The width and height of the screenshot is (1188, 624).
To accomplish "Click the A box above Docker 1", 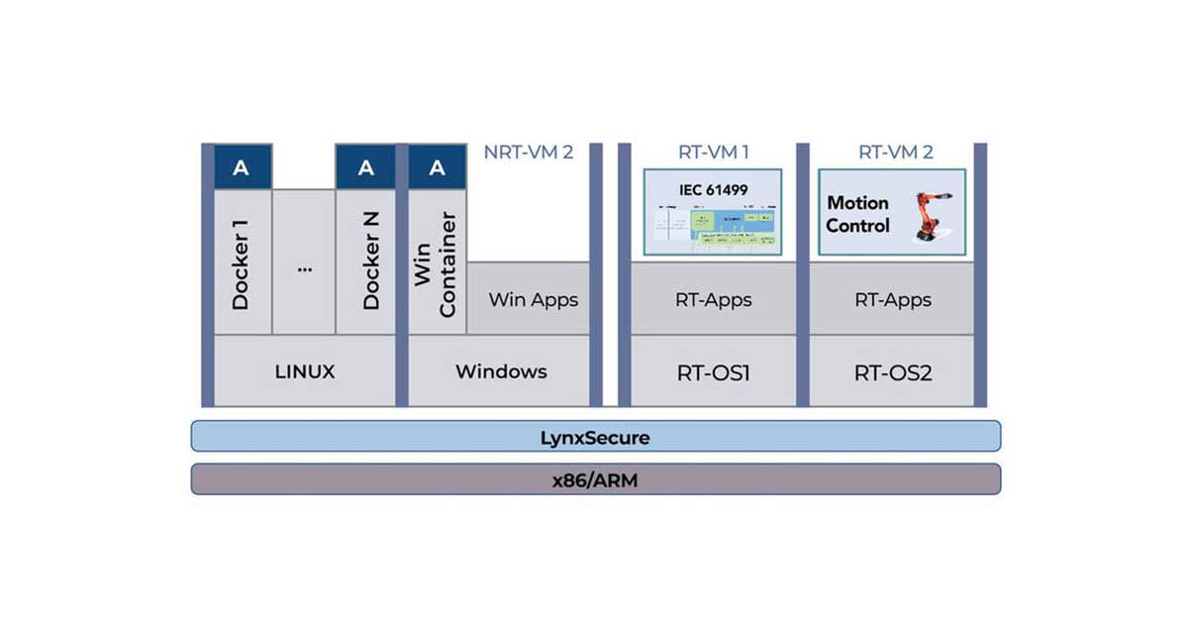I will tap(242, 167).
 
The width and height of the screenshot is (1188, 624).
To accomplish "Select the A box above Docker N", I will tap(365, 167).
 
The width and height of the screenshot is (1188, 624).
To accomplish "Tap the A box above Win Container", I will tap(437, 167).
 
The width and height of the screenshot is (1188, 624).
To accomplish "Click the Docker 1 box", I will tap(242, 262).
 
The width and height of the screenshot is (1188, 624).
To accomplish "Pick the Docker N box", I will tap(365, 262).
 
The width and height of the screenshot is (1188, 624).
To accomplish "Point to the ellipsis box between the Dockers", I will tap(303, 262).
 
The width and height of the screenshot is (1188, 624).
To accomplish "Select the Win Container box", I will tap(437, 262).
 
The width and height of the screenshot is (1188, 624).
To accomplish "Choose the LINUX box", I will tap(305, 371).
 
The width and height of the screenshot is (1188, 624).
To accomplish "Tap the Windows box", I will tap(500, 371).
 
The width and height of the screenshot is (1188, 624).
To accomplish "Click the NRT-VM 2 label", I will tap(528, 153).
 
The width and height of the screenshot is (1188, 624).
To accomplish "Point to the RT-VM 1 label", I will tap(713, 153).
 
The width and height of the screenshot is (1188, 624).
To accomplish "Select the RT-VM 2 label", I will tap(895, 153).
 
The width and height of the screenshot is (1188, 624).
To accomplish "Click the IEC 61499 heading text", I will tap(712, 187).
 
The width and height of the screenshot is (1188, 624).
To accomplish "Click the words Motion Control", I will tap(857, 214).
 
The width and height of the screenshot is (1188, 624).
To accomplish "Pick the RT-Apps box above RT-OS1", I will tap(713, 299).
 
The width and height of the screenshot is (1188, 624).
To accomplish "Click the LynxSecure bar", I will tap(595, 436).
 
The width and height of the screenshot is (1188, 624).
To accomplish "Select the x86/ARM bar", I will tap(595, 479).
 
